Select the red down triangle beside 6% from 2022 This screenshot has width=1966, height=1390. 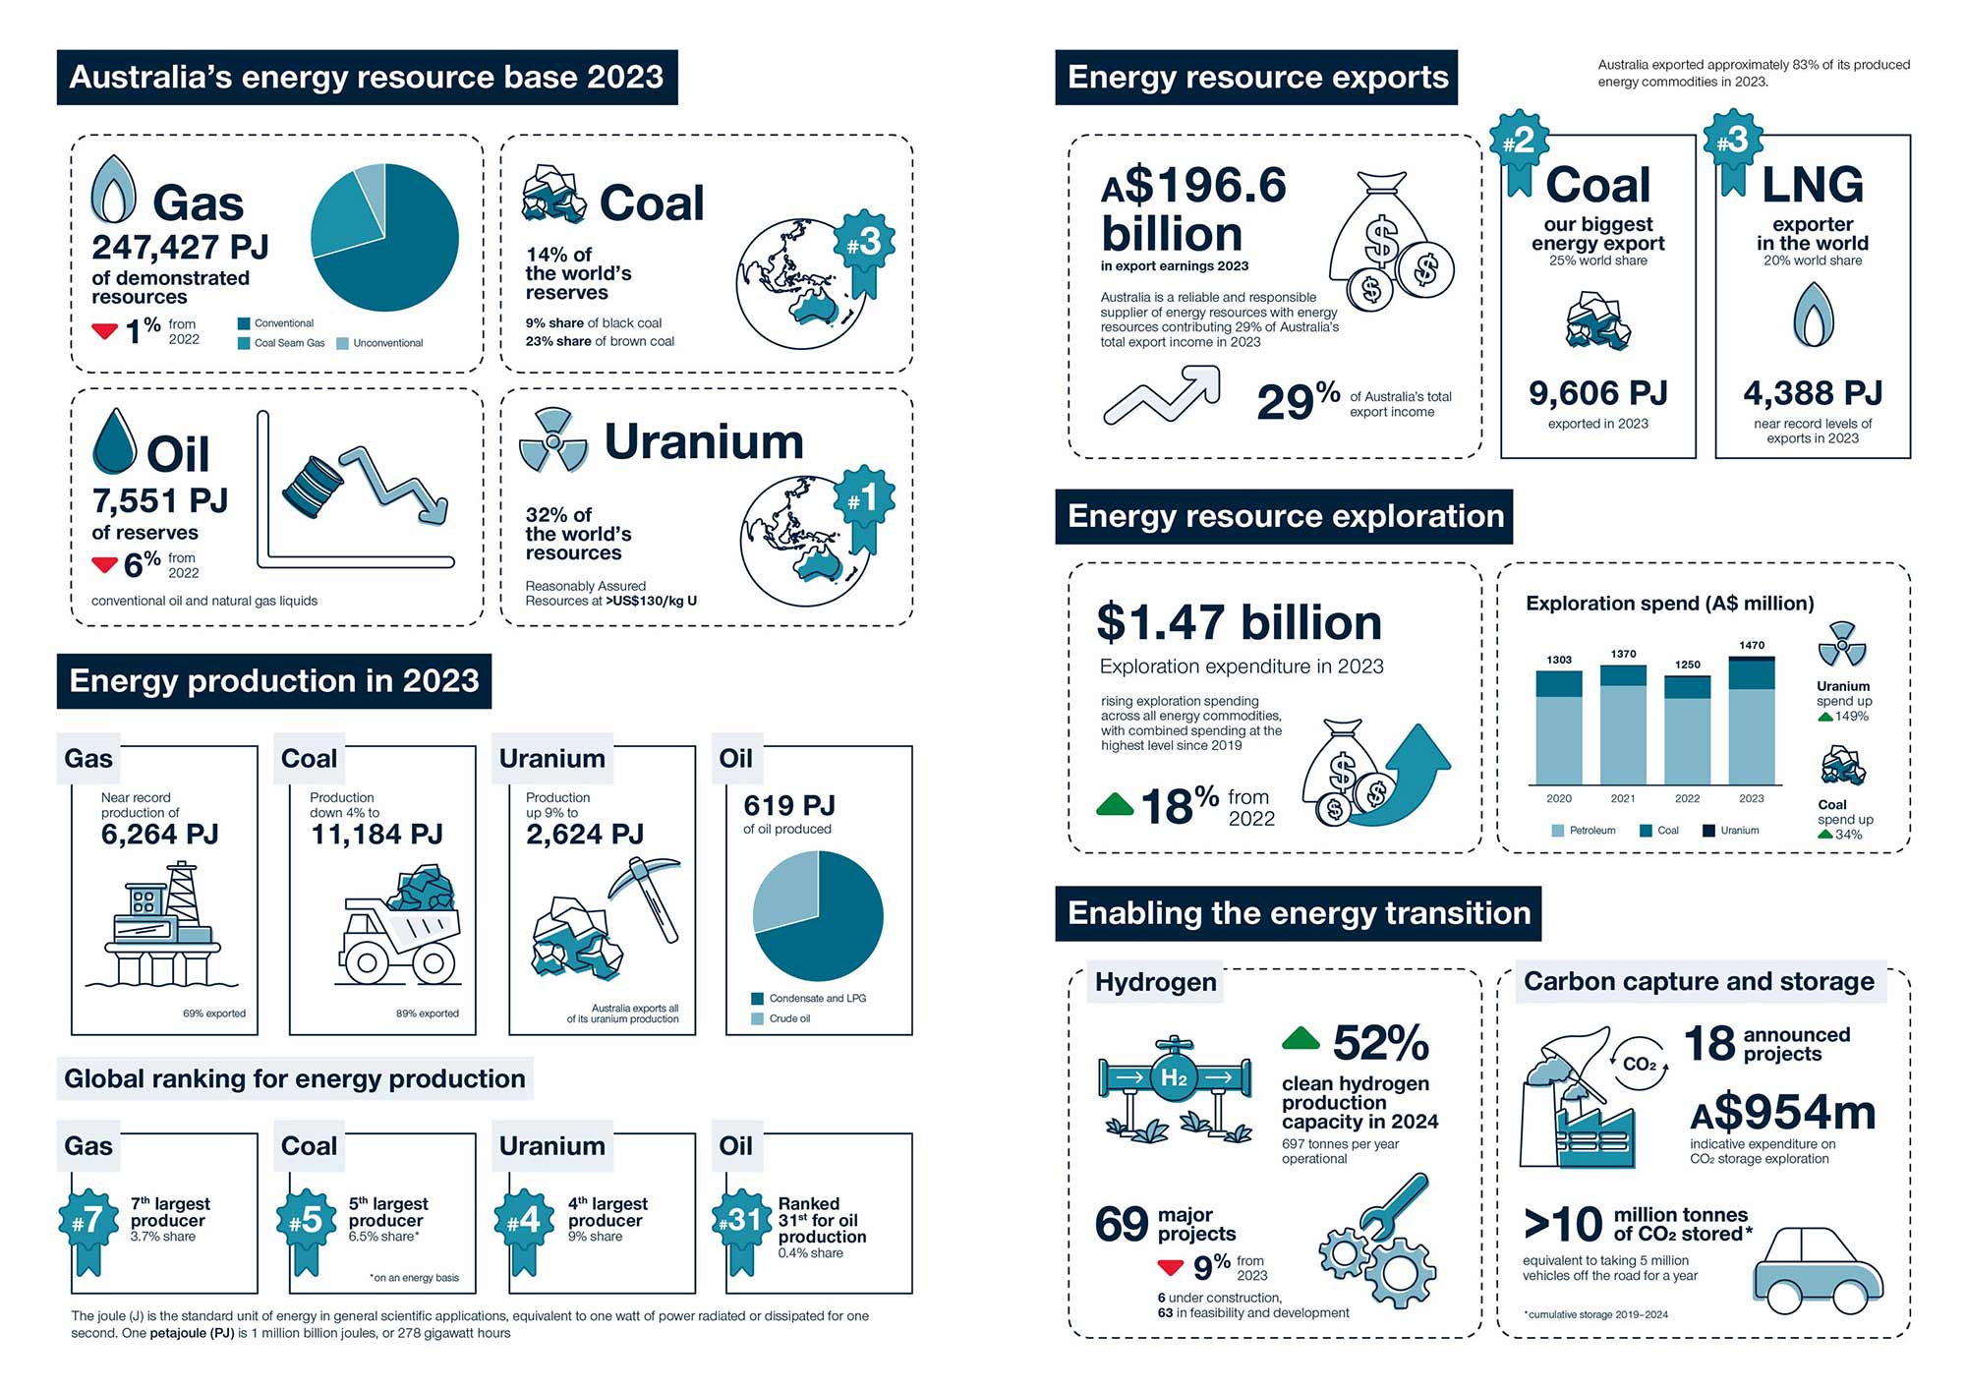tap(104, 564)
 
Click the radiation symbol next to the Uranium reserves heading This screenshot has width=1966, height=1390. tap(553, 440)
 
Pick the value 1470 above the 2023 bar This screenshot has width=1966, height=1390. tap(1752, 645)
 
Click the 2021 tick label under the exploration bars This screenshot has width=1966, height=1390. tap(1623, 798)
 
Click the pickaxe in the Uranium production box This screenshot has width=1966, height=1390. tap(649, 894)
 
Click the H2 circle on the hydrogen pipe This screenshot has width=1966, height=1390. tap(1174, 1078)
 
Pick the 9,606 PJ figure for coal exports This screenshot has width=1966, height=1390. tap(1597, 393)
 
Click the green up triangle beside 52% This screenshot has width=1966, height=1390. tap(1301, 1038)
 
